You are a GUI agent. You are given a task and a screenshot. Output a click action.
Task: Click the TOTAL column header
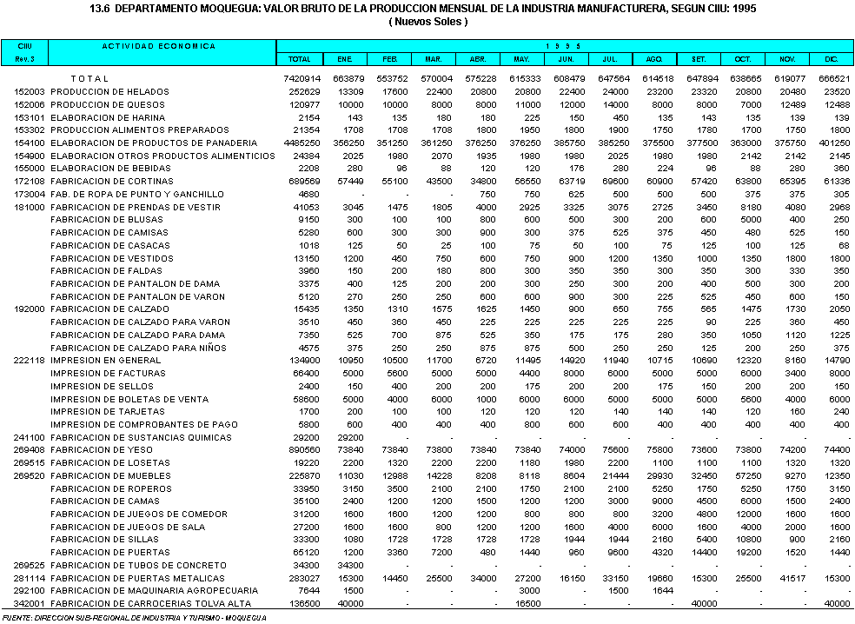point(299,59)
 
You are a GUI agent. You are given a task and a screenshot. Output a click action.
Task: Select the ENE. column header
point(343,59)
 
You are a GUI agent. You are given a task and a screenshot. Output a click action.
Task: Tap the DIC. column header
point(832,59)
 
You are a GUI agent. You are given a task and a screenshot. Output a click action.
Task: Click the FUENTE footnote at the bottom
point(135,617)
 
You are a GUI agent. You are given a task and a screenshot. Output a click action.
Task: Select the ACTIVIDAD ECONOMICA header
point(158,45)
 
